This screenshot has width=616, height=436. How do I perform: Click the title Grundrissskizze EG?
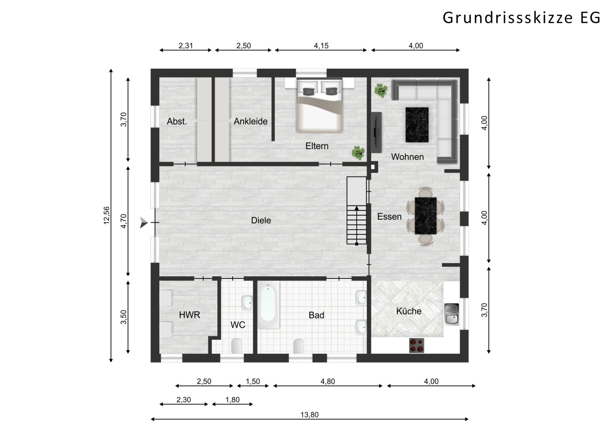[521, 18]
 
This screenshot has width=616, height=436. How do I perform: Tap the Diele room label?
[261, 220]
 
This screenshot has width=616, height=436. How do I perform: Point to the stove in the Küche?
[416, 345]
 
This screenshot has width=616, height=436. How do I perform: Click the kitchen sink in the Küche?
[452, 314]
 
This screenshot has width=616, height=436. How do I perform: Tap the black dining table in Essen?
[426, 216]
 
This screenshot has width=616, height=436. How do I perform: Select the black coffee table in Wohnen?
[417, 125]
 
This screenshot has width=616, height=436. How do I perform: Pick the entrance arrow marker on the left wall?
[144, 223]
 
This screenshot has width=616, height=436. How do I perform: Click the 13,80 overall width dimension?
[310, 415]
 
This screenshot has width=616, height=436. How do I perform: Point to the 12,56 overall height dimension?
[107, 215]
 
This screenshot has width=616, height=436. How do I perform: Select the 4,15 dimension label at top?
[321, 45]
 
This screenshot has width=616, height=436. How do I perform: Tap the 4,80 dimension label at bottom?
[328, 381]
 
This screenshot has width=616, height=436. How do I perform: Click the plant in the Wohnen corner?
[381, 91]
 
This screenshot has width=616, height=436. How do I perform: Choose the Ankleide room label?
[250, 121]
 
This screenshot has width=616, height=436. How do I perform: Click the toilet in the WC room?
[236, 345]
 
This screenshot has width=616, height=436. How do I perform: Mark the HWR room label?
[189, 315]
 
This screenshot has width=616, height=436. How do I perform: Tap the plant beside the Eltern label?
[358, 153]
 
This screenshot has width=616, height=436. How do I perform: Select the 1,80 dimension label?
[233, 400]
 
